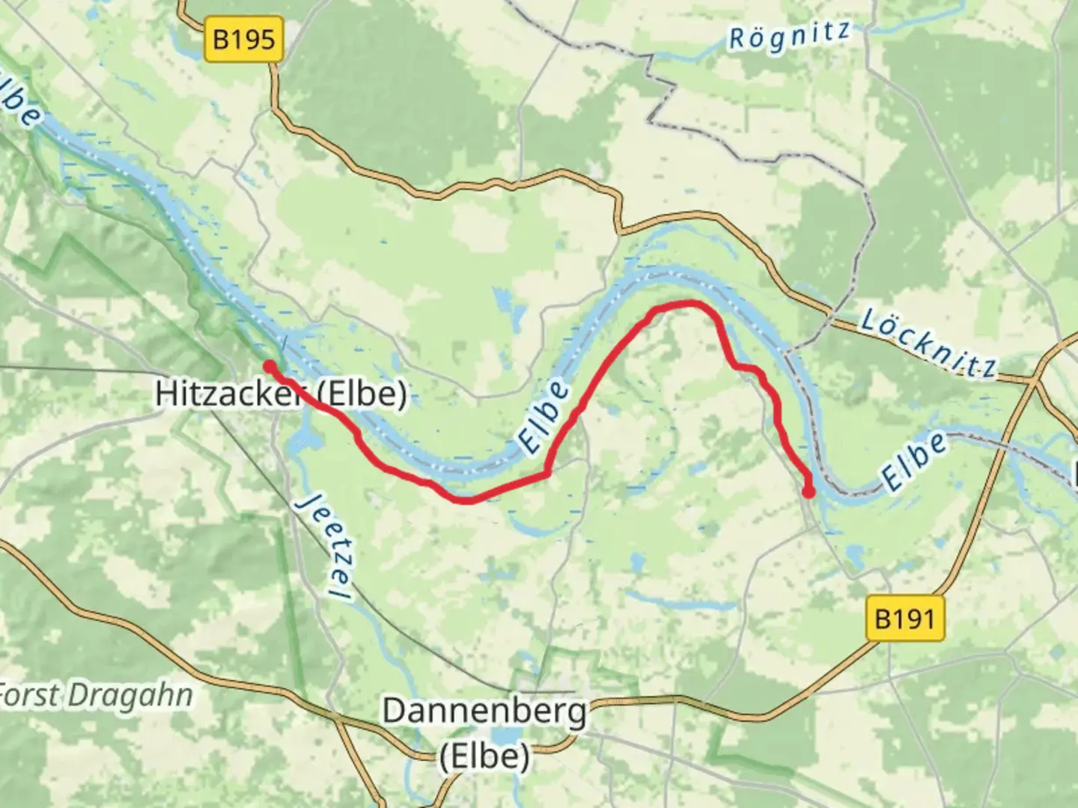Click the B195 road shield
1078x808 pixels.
(244, 39)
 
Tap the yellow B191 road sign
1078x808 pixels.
(905, 619)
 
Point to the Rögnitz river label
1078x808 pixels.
(789, 35)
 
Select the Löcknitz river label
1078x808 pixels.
(928, 343)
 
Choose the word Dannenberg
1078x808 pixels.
(484, 711)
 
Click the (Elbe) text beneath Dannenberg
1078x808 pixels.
(484, 756)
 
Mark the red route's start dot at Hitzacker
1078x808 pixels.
(268, 366)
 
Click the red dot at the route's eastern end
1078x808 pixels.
(808, 492)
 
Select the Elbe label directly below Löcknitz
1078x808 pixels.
(913, 462)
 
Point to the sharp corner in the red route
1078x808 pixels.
(547, 474)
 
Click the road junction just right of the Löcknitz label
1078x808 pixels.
(1035, 381)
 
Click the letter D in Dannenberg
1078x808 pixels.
(393, 711)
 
